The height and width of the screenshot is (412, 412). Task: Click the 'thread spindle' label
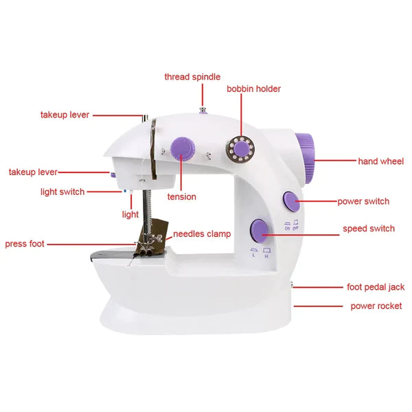tap(192, 76)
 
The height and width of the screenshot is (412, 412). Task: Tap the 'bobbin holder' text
tap(253, 89)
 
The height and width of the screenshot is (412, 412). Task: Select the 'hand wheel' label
tap(381, 161)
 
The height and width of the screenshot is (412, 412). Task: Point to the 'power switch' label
tap(363, 201)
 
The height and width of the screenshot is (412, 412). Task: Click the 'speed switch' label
tap(369, 229)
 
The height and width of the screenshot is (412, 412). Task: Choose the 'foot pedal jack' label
tap(376, 287)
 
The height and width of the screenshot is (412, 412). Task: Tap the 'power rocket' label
tap(376, 306)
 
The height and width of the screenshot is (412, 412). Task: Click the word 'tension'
tap(181, 197)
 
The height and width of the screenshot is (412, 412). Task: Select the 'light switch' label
tap(62, 192)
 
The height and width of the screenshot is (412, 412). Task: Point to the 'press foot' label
tap(25, 244)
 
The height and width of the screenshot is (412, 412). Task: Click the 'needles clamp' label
tap(202, 234)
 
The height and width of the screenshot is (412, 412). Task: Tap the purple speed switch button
tap(259, 229)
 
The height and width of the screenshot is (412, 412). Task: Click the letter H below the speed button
tap(266, 256)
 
